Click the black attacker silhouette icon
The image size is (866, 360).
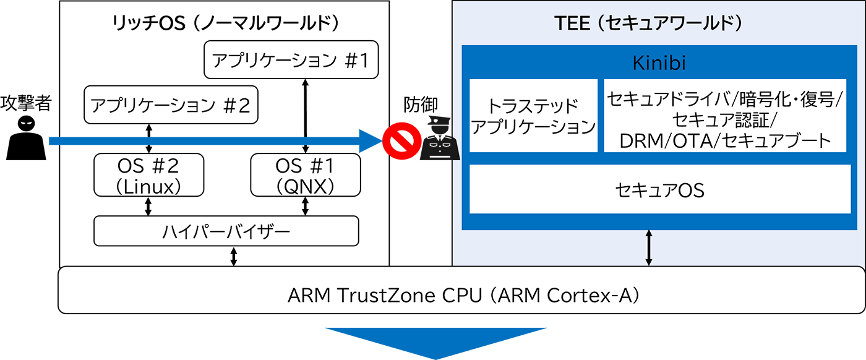click(27, 138)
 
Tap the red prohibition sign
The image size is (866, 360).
click(399, 142)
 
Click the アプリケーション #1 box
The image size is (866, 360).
click(290, 61)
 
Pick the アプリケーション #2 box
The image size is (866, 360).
click(170, 105)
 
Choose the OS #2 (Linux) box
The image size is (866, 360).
click(148, 175)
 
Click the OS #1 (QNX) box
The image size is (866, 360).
click(306, 175)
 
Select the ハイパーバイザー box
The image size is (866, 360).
click(226, 231)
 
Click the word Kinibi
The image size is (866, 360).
click(659, 63)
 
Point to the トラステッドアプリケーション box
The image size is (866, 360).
click(533, 116)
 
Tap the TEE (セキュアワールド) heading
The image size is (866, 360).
click(648, 24)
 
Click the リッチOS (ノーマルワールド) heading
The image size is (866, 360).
click(225, 24)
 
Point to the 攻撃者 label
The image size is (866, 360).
click(25, 102)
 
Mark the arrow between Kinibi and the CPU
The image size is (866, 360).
click(648, 248)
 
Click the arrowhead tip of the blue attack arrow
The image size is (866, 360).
click(377, 142)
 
